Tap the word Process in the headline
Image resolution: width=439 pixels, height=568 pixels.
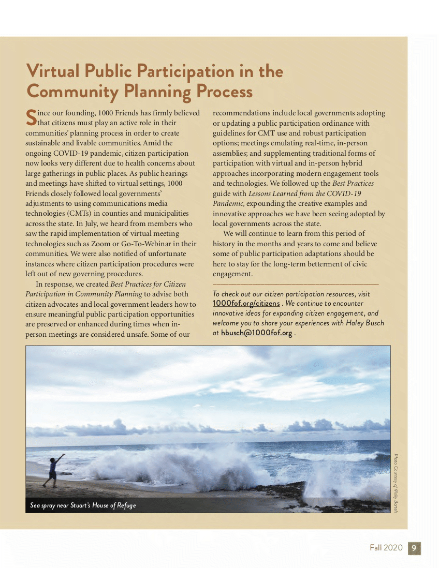click(x=224, y=92)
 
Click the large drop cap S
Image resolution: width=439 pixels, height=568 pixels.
click(x=31, y=117)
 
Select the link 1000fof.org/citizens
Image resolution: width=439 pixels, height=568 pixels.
click(x=246, y=303)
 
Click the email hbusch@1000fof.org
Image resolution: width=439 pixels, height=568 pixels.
click(x=256, y=333)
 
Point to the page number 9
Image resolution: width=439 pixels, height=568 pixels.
click(x=414, y=548)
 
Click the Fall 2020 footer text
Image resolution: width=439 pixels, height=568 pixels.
click(x=386, y=548)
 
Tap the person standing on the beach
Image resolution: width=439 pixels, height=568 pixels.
click(x=53, y=470)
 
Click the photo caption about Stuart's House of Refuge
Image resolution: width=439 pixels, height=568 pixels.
click(x=83, y=505)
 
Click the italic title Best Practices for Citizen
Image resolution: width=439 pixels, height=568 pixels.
click(x=148, y=284)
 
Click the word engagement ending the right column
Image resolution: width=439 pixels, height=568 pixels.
click(x=232, y=274)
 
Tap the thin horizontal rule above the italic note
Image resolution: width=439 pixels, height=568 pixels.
click(x=296, y=284)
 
